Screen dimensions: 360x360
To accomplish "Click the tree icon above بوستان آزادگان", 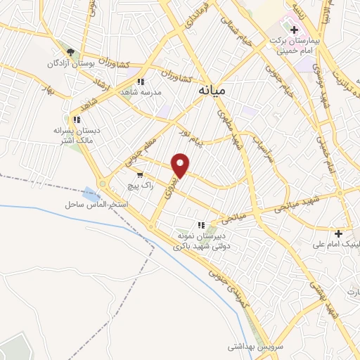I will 70,51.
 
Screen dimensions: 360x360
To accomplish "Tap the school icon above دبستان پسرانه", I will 76,120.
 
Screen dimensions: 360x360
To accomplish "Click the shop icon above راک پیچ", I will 141,174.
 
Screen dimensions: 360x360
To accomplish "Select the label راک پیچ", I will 140,186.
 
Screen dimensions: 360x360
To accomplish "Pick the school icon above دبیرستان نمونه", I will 202,225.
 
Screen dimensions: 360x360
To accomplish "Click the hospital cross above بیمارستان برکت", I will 294,31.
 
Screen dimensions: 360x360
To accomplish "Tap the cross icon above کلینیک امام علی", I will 339,233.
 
